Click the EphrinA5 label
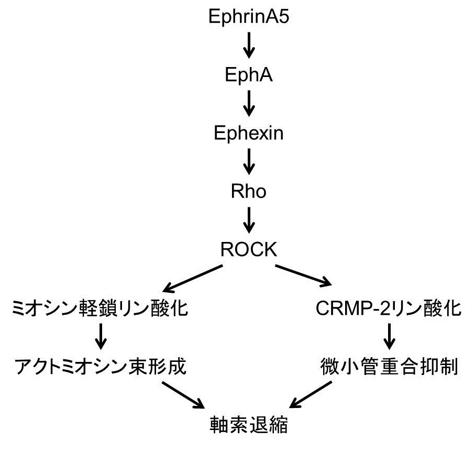click(249, 17)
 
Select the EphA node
click(249, 75)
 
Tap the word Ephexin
click(249, 134)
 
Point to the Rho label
click(249, 192)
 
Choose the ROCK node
click(249, 249)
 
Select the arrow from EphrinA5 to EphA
click(249, 46)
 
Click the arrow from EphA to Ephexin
click(249, 104)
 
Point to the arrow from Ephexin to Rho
click(249, 162)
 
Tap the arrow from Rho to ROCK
click(249, 221)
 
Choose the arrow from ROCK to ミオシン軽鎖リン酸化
click(194, 278)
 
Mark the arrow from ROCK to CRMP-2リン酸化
click(303, 276)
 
